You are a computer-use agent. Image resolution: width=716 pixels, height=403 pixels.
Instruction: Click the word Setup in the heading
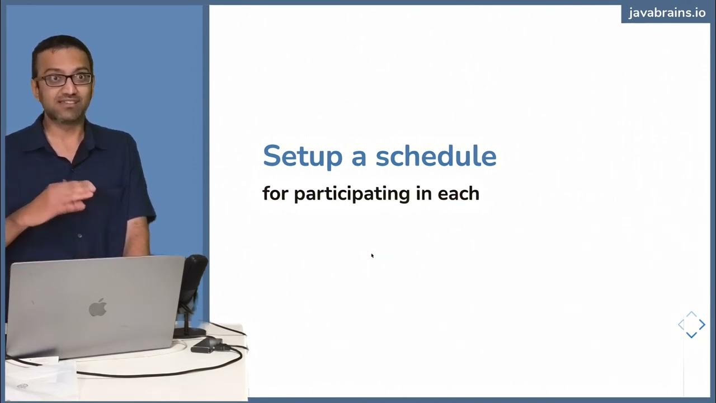click(302, 156)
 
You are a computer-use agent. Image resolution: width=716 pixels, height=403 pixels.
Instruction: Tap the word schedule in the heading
click(436, 156)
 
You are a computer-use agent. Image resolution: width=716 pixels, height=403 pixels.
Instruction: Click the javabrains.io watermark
click(667, 13)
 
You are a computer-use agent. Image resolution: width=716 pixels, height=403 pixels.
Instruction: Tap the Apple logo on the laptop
click(97, 307)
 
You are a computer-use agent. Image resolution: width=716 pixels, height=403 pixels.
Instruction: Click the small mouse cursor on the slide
click(372, 255)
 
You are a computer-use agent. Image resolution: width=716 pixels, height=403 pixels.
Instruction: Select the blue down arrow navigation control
click(691, 335)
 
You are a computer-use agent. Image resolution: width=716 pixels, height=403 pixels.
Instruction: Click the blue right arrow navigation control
click(702, 325)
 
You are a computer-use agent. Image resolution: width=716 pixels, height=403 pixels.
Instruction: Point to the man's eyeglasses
click(64, 79)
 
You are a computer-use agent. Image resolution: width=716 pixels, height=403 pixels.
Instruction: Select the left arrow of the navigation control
click(681, 325)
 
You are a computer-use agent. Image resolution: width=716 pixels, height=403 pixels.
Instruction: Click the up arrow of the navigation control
click(691, 315)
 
